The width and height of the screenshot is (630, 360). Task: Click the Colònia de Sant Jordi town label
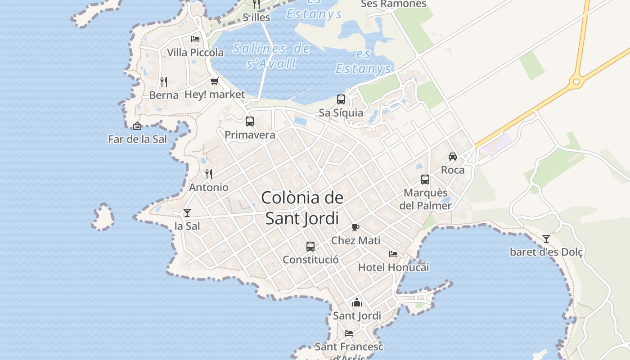pyautogui.click(x=302, y=208)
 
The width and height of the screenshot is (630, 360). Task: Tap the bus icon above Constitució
pyautogui.click(x=310, y=247)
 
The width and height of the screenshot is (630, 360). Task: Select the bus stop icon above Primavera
pyautogui.click(x=250, y=121)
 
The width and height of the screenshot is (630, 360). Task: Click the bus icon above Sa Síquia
pyautogui.click(x=341, y=99)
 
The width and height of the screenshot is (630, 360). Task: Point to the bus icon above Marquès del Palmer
pyautogui.click(x=425, y=180)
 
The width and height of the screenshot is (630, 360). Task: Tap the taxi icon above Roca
pyautogui.click(x=453, y=157)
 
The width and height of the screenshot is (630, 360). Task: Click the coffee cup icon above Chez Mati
pyautogui.click(x=355, y=227)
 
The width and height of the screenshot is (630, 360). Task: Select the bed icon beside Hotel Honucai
pyautogui.click(x=393, y=254)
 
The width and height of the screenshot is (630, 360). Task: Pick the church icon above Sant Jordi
pyautogui.click(x=357, y=302)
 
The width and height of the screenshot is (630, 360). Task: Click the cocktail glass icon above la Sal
pyautogui.click(x=187, y=212)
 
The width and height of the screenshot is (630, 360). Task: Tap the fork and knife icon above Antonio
pyautogui.click(x=209, y=174)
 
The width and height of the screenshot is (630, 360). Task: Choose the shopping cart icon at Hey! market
pyautogui.click(x=215, y=81)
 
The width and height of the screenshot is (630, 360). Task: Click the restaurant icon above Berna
pyautogui.click(x=164, y=82)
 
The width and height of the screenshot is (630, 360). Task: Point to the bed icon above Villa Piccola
pyautogui.click(x=195, y=39)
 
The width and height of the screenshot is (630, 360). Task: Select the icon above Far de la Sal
pyautogui.click(x=137, y=126)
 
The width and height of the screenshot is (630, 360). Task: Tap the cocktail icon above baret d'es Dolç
pyautogui.click(x=546, y=238)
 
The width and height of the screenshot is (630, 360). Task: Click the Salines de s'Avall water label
pyautogui.click(x=271, y=56)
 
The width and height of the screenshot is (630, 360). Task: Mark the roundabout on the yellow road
pyautogui.click(x=576, y=82)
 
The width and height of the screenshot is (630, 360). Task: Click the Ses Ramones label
pyautogui.click(x=393, y=4)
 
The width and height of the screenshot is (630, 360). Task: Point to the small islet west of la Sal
pyautogui.click(x=103, y=217)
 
